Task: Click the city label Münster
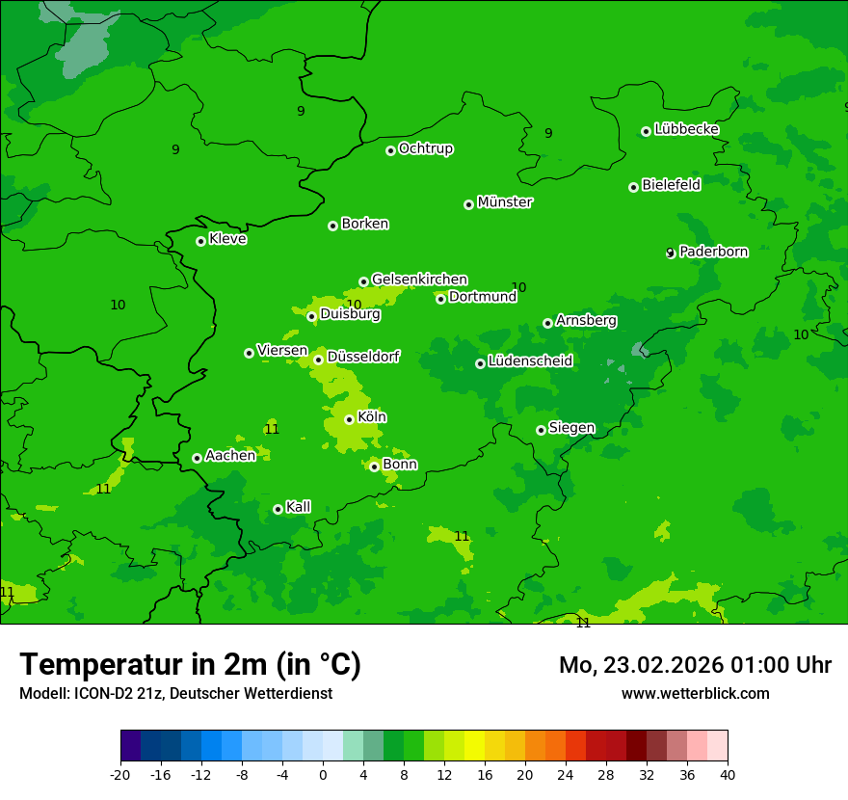[x=505, y=202]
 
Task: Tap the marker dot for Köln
[x=349, y=419]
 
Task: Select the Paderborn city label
[x=713, y=252]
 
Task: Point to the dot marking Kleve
[x=200, y=241]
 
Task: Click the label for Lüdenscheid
[x=530, y=361]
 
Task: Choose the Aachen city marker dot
[x=197, y=458]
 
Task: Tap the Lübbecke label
[x=686, y=129]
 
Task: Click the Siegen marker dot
[x=541, y=430]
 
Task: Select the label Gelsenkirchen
[x=419, y=280]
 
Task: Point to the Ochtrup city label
[x=425, y=148]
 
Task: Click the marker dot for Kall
[x=278, y=509]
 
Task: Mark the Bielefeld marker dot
[x=633, y=187]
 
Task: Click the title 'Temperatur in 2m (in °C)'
[x=190, y=665]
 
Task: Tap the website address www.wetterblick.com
[x=695, y=693]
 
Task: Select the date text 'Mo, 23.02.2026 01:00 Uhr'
[x=695, y=665]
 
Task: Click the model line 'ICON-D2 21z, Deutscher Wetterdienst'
[x=175, y=693]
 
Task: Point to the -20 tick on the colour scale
[x=120, y=774]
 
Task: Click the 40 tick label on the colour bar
[x=728, y=774]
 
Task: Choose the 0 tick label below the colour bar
[x=323, y=774]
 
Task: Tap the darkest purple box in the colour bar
[x=131, y=746]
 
